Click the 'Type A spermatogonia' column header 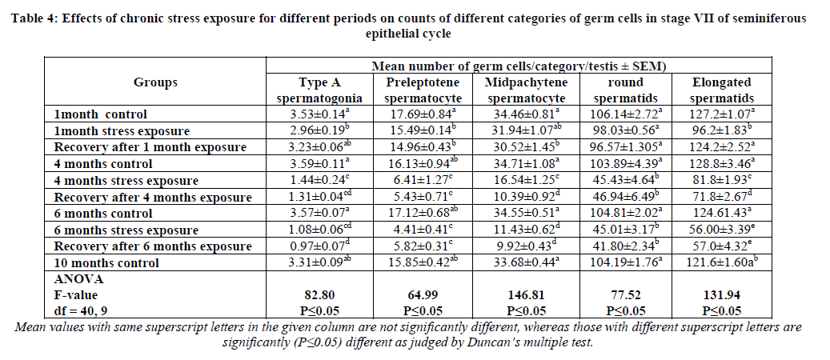click(x=327, y=90)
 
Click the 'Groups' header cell click(x=155, y=82)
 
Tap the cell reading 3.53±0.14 click(x=327, y=114)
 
